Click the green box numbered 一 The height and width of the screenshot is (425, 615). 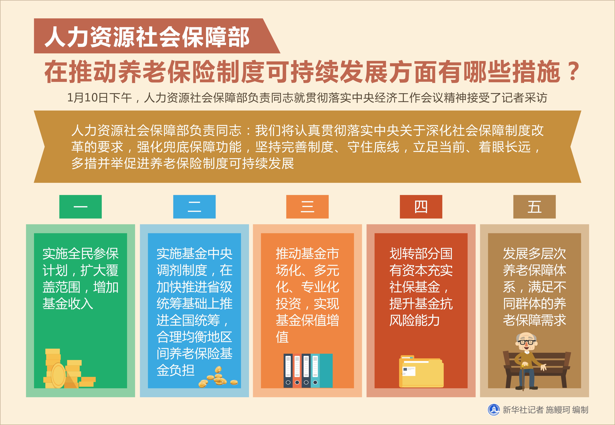coord(80,207)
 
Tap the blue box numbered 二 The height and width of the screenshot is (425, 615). coord(194,207)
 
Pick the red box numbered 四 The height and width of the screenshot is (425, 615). coord(421,207)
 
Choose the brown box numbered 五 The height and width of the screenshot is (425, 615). coord(535,207)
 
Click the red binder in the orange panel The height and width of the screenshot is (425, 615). coord(297,371)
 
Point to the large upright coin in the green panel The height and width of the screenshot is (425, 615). coord(58,375)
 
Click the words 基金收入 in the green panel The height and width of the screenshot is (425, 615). coord(68,304)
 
